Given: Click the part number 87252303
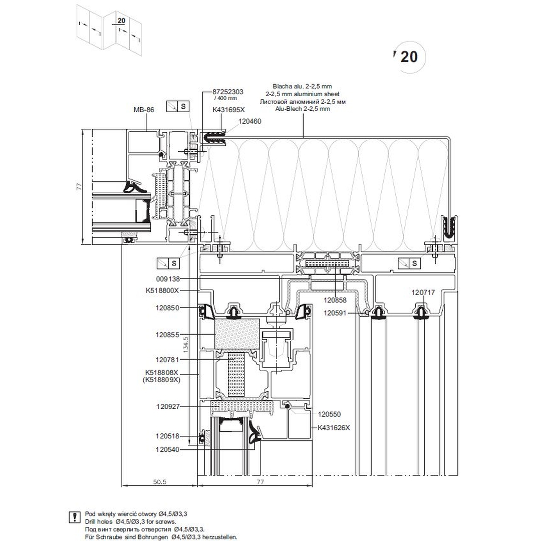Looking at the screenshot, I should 228,92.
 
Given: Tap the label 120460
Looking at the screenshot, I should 249,121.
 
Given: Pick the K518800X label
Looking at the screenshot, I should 162,291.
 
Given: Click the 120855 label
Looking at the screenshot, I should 168,335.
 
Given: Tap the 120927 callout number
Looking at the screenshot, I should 168,407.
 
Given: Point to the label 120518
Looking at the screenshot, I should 168,437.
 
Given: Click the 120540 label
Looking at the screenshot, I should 168,449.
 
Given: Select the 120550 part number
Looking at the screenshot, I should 330,414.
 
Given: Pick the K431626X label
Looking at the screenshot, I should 333,427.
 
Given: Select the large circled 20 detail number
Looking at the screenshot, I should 409,57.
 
